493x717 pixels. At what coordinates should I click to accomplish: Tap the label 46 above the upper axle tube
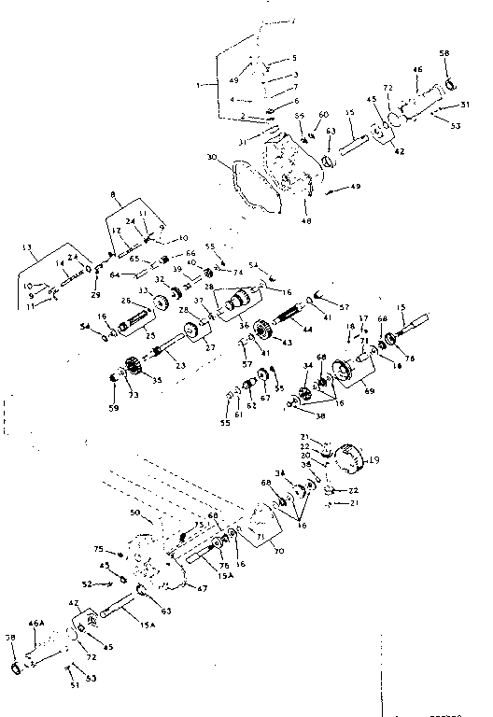417,69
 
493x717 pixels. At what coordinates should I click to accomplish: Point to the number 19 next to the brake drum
375,458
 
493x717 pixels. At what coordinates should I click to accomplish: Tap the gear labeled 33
158,301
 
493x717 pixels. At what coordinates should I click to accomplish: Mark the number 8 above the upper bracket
113,196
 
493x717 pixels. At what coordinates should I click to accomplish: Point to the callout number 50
134,513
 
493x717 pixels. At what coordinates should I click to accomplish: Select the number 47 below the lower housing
201,587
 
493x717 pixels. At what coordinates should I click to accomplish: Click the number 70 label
278,552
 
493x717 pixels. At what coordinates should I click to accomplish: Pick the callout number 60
324,114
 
